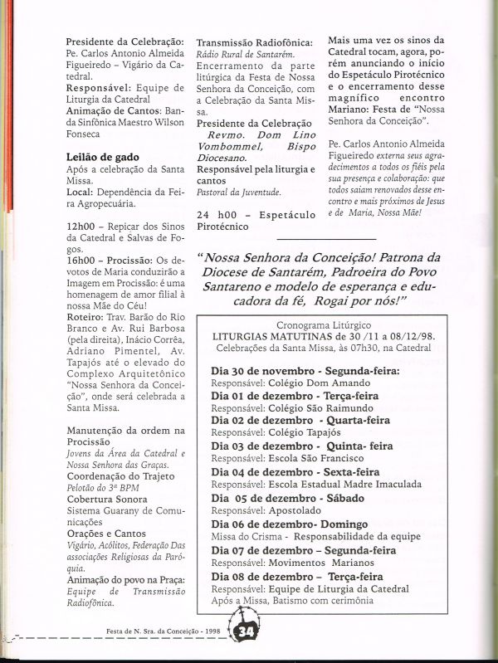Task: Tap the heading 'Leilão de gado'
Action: click(102, 157)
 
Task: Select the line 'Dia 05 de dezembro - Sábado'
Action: click(281, 500)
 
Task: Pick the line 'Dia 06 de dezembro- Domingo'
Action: click(278, 524)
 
